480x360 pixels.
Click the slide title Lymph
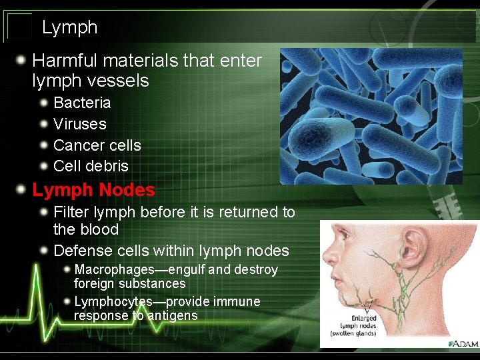pyautogui.click(x=69, y=27)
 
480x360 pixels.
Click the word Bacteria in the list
pyautogui.click(x=82, y=103)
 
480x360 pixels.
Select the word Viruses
pyautogui.click(x=79, y=124)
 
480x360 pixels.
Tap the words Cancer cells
pyautogui.click(x=97, y=145)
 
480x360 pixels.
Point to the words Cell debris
pyautogui.click(x=91, y=166)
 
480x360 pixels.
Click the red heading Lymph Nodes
pyautogui.click(x=93, y=190)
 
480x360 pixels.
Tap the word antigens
pyautogui.click(x=173, y=315)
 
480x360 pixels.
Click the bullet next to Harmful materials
pyautogui.click(x=23, y=61)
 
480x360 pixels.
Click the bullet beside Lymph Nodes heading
pyautogui.click(x=23, y=190)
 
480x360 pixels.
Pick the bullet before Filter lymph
pyautogui.click(x=44, y=212)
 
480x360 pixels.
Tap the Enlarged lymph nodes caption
pyautogui.click(x=359, y=326)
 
